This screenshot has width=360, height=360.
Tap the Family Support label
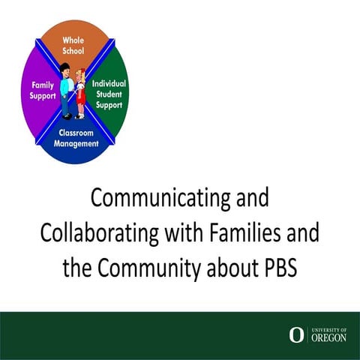[37, 91]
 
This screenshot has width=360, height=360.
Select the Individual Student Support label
[109, 91]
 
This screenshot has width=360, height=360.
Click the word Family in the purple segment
[37, 85]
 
